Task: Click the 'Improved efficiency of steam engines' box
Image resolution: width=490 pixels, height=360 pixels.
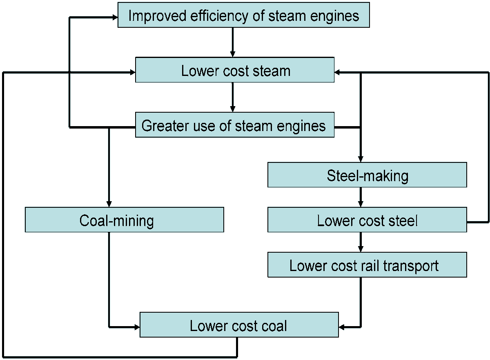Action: tap(243, 15)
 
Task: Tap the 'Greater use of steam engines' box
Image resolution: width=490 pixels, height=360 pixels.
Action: tap(235, 125)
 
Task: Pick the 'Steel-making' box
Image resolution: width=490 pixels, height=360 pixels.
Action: tap(367, 175)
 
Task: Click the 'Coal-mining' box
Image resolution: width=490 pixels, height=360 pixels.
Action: tap(125, 220)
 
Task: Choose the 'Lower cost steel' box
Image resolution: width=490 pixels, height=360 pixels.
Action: tap(367, 220)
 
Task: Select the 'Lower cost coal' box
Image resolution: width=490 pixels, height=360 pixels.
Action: tap(239, 325)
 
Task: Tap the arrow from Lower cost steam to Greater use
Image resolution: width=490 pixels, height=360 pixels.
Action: tap(233, 97)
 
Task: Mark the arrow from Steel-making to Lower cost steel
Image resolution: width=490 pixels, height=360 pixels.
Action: tap(360, 197)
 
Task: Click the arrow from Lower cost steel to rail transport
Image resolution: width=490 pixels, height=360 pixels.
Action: tap(360, 242)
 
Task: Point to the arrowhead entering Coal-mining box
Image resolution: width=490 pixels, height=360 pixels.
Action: tap(109, 204)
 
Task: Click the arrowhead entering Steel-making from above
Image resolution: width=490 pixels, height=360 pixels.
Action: tap(360, 159)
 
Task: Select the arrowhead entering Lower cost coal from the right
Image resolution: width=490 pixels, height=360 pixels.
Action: tap(342, 327)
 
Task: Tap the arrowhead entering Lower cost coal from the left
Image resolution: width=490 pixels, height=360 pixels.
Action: tap(136, 327)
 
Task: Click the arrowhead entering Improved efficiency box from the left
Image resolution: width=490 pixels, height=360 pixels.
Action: tap(114, 17)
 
